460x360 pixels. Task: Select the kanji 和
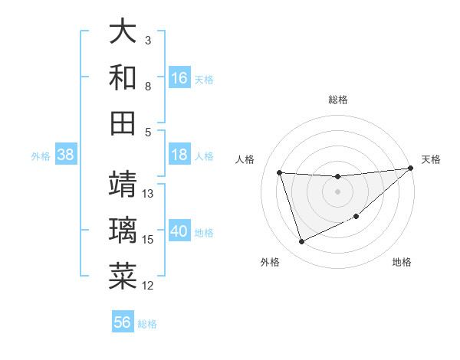click(123, 77)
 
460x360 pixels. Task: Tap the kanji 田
click(123, 123)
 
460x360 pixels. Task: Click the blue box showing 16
click(179, 77)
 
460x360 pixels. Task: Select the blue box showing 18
click(179, 155)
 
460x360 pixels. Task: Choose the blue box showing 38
click(65, 155)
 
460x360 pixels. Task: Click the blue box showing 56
click(123, 322)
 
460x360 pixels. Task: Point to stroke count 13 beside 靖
click(149, 193)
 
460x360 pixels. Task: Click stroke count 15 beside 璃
click(149, 240)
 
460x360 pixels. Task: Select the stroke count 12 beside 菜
click(149, 286)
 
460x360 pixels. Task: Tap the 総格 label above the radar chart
click(337, 100)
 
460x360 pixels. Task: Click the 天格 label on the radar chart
click(431, 159)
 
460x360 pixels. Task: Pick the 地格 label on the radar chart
click(402, 262)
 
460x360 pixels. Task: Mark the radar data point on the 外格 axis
click(301, 242)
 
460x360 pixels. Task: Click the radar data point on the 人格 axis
click(280, 172)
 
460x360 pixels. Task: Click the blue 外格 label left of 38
click(41, 155)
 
